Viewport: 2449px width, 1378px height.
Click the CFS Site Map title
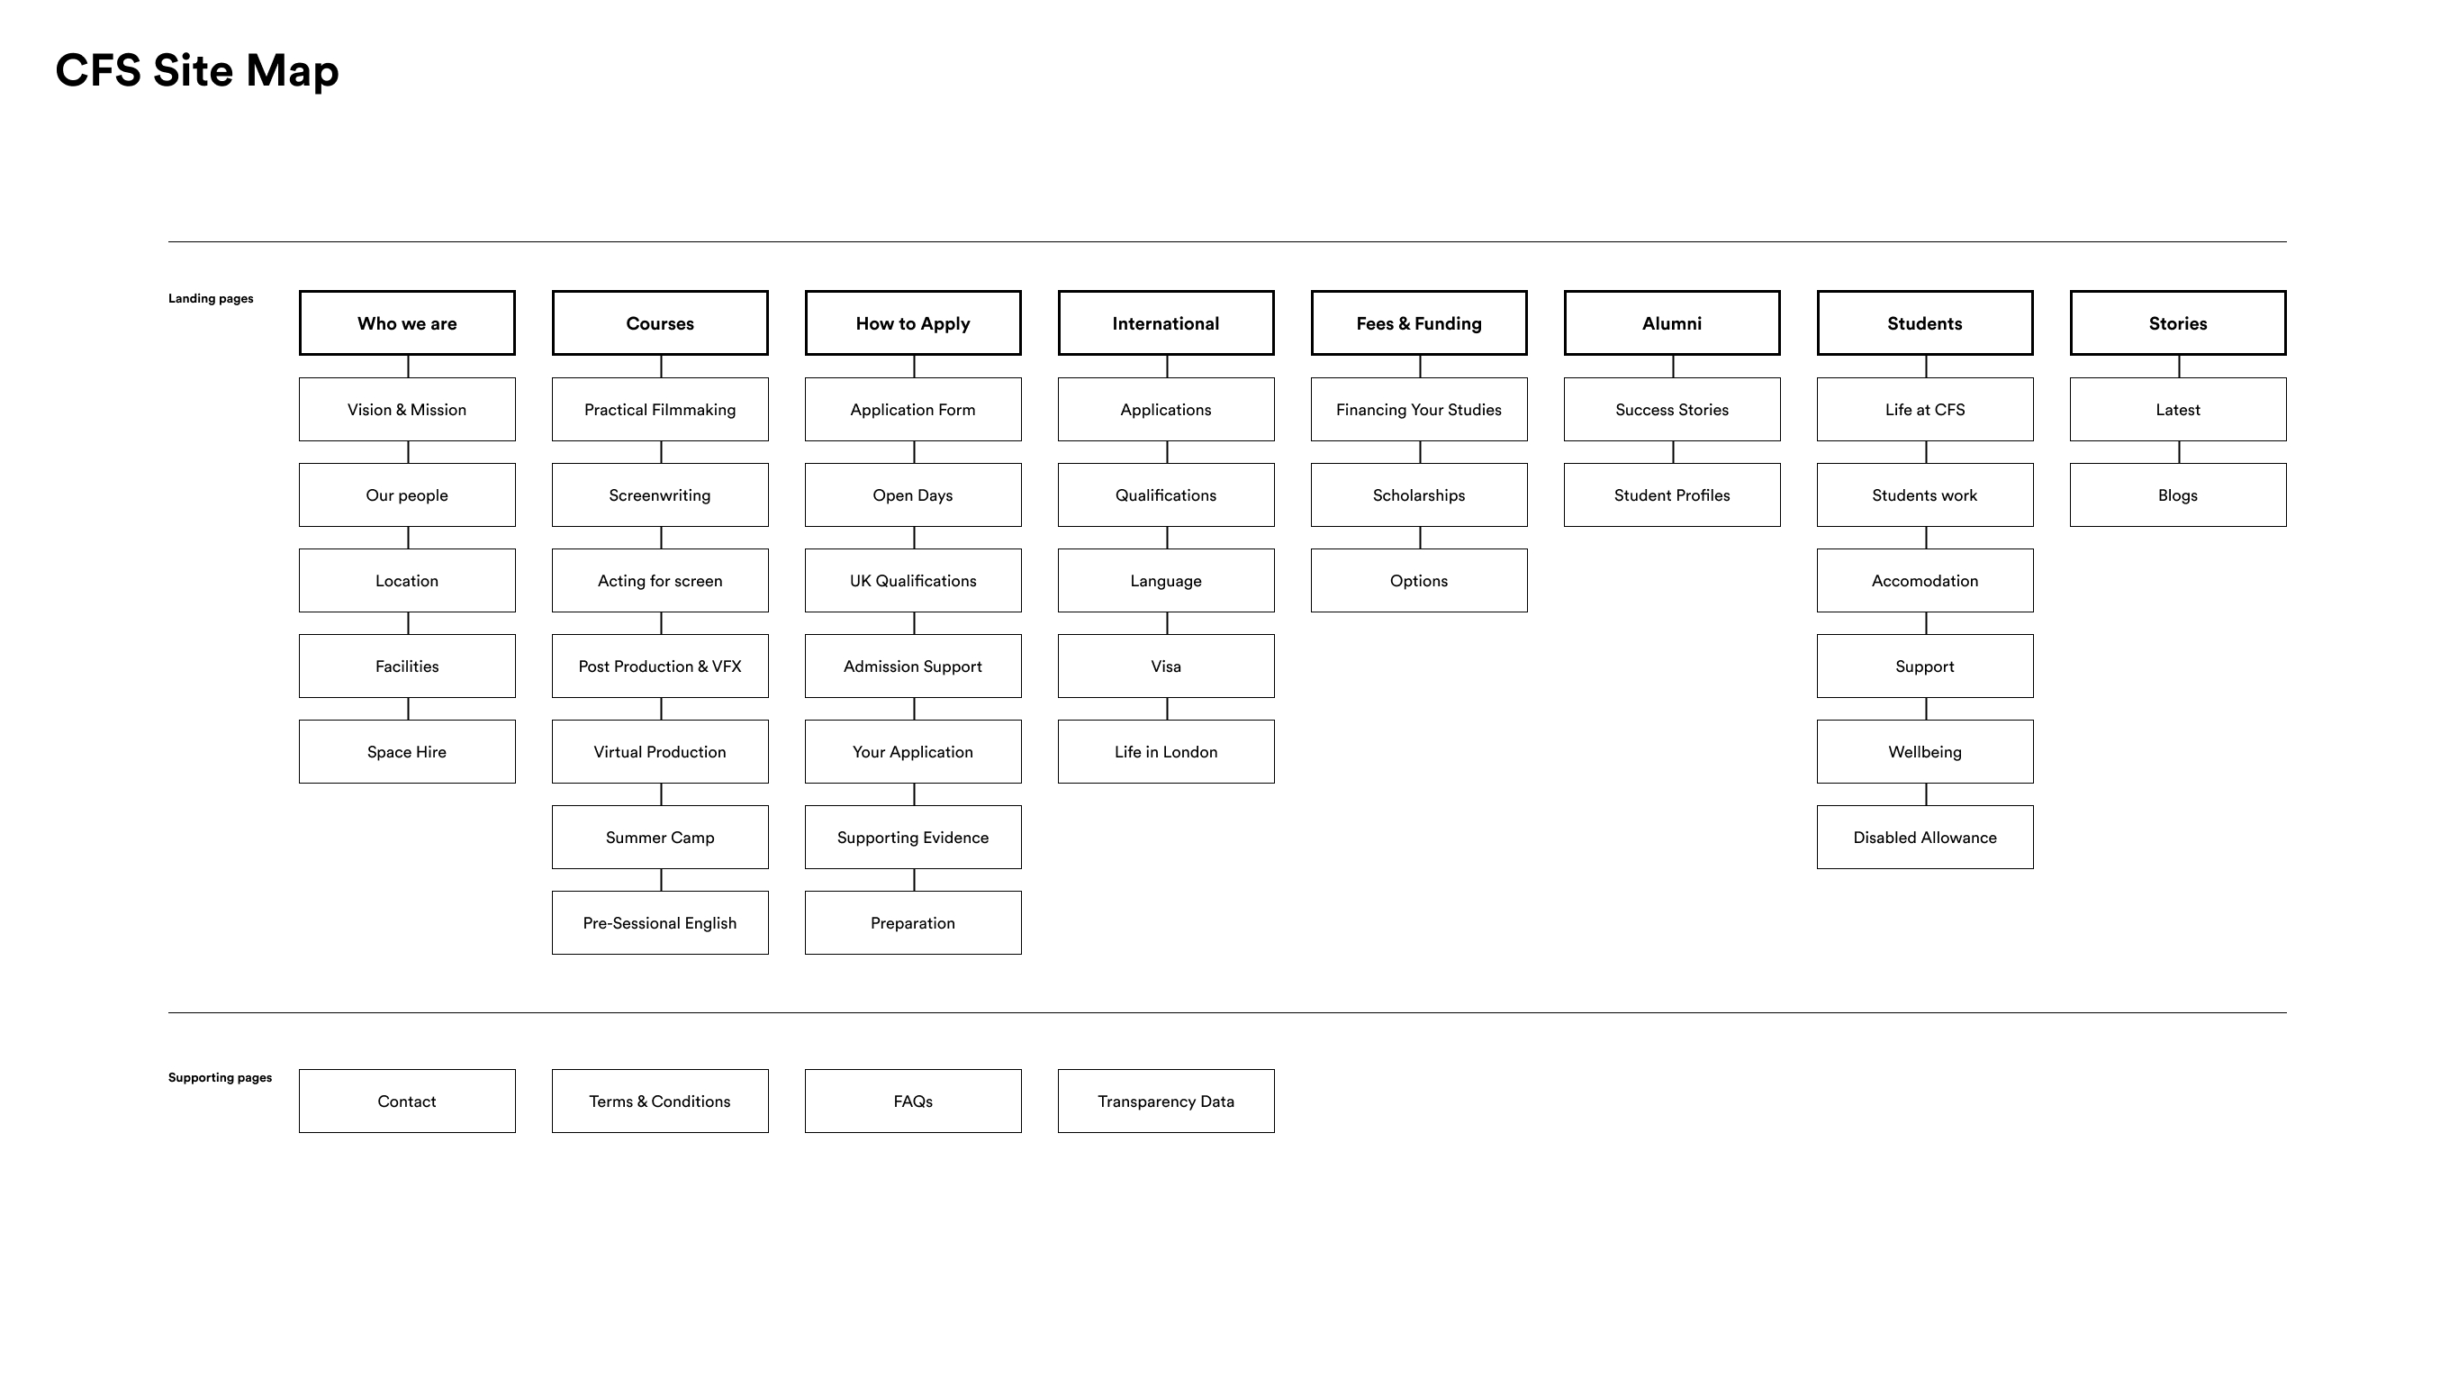pos(197,71)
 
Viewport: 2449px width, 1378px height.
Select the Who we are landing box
pos(407,323)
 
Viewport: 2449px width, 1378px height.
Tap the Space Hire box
pos(407,751)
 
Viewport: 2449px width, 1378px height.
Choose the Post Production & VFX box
pos(660,666)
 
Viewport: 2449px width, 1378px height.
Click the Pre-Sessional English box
pos(660,922)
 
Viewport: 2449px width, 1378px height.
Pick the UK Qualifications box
pos(913,580)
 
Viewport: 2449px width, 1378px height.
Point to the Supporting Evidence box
pos(913,837)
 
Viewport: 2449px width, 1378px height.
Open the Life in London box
pos(1166,751)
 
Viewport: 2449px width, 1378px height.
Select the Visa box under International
pos(1166,666)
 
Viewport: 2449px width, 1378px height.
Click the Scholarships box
pos(1418,494)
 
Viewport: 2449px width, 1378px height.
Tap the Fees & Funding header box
pos(1418,323)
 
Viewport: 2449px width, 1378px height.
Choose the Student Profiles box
pos(1671,494)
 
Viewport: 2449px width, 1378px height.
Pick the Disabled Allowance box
pos(1924,837)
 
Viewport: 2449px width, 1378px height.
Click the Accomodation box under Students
pos(1924,580)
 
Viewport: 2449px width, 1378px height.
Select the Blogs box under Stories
pos(2177,494)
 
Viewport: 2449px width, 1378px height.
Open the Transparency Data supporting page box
pos(1166,1101)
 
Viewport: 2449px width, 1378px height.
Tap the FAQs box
pos(913,1101)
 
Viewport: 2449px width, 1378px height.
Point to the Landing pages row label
pos(211,299)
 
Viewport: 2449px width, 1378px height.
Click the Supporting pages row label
pos(220,1077)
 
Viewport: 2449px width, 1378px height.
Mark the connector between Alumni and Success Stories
pos(1672,367)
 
